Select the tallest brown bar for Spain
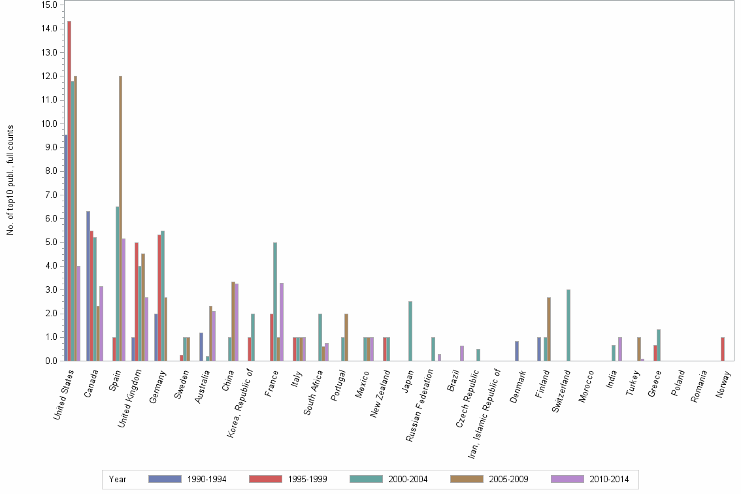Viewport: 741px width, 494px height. tap(120, 218)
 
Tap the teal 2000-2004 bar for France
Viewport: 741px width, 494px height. tap(275, 301)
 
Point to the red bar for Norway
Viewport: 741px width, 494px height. tap(723, 349)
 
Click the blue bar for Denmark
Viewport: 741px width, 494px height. tap(517, 351)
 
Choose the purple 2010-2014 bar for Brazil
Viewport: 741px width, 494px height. tap(462, 353)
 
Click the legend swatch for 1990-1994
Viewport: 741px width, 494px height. tap(165, 479)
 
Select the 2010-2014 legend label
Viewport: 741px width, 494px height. tap(609, 479)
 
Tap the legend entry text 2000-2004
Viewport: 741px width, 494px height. tap(408, 479)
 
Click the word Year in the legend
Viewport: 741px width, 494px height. tap(118, 479)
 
